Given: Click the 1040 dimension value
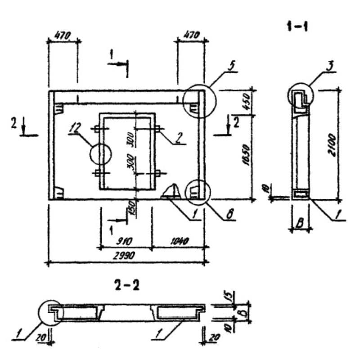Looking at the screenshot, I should (x=179, y=239).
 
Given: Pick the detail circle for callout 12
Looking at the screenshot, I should (x=100, y=154).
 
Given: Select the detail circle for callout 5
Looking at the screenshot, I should (x=200, y=101).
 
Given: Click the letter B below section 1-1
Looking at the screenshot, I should (x=299, y=222).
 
